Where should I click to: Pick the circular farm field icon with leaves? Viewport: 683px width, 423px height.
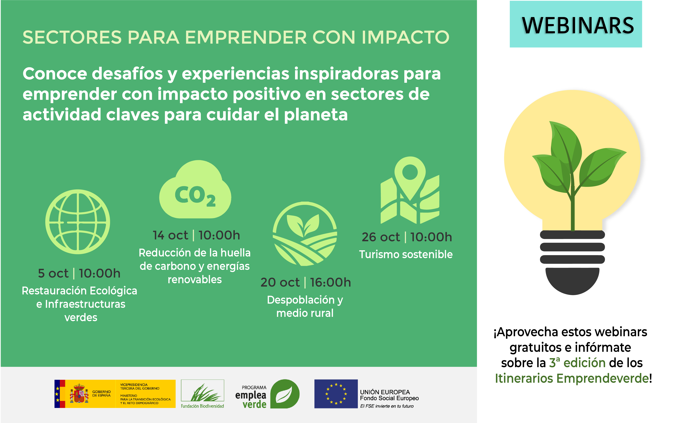pyautogui.click(x=305, y=234)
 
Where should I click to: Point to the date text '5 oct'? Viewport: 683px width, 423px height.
pyautogui.click(x=53, y=273)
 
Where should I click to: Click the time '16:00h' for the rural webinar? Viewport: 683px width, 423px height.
pyautogui.click(x=330, y=282)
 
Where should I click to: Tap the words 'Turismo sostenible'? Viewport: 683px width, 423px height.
pyautogui.click(x=406, y=254)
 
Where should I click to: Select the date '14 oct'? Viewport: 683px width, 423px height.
pyautogui.click(x=170, y=235)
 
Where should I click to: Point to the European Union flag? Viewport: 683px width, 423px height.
pyautogui.click(x=336, y=394)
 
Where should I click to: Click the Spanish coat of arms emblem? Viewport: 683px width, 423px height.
pyautogui.click(x=79, y=393)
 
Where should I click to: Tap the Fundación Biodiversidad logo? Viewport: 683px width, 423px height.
pyautogui.click(x=202, y=394)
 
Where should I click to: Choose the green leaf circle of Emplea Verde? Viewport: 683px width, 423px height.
pyautogui.click(x=285, y=394)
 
